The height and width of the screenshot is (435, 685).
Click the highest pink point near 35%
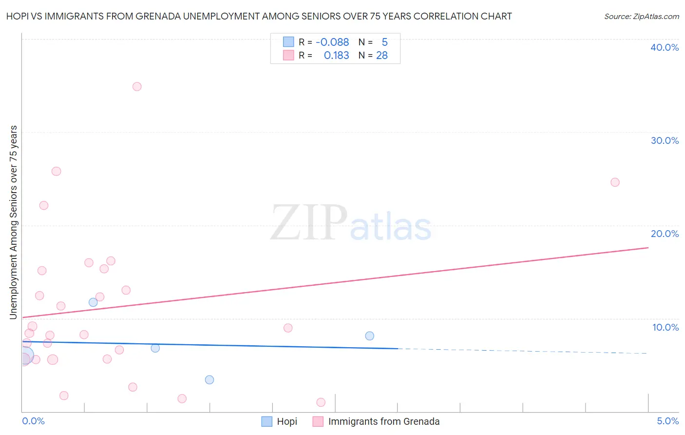click(137, 87)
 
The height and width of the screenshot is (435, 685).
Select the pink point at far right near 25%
click(615, 182)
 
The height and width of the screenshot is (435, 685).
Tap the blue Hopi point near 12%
click(93, 302)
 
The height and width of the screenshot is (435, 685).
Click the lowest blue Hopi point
click(209, 380)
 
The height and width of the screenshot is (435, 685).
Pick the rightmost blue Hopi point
click(370, 336)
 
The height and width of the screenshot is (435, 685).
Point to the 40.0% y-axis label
click(665, 47)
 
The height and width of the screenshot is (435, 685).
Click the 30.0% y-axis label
click(665, 140)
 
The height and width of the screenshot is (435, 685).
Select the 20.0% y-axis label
click(665, 234)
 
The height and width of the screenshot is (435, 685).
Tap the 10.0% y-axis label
click(666, 327)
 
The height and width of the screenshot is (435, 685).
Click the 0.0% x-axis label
click(34, 421)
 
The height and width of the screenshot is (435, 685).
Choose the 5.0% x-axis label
click(667, 421)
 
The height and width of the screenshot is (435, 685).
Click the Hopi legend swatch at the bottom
click(267, 421)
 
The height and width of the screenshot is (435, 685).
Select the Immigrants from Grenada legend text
click(384, 421)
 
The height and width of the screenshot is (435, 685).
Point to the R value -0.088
click(332, 42)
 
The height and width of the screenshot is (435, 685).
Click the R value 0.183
click(336, 56)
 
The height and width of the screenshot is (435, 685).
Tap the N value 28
click(382, 56)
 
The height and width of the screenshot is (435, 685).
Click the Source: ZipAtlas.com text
click(642, 17)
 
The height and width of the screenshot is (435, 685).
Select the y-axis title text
click(13, 222)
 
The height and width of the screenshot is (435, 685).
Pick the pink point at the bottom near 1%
click(321, 402)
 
